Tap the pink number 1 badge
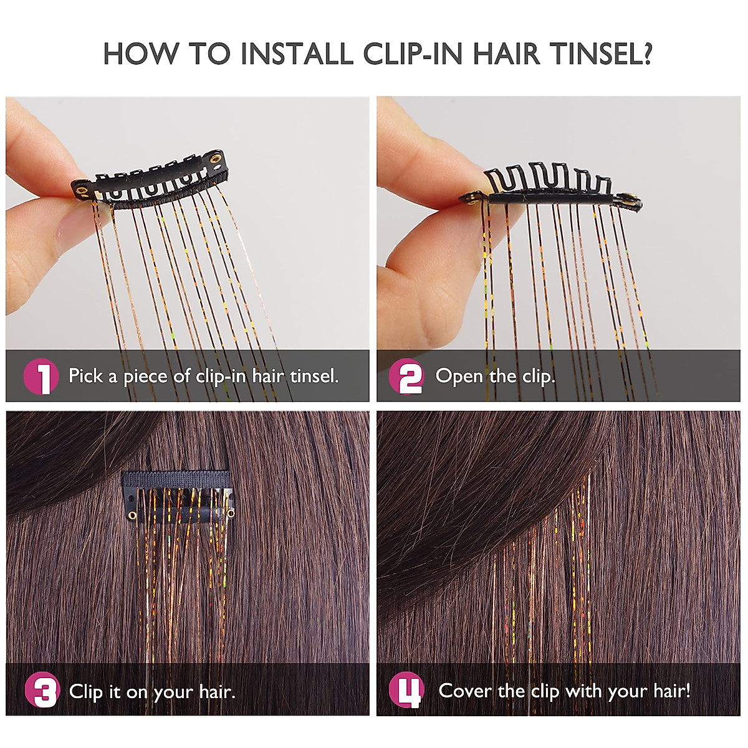[x=41, y=377]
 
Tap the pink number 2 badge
[x=406, y=377]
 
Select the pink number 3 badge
[x=42, y=691]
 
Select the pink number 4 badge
[x=406, y=691]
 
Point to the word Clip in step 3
[x=86, y=691]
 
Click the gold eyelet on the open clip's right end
[x=630, y=200]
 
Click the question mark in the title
[x=645, y=54]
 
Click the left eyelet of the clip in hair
[x=132, y=514]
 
